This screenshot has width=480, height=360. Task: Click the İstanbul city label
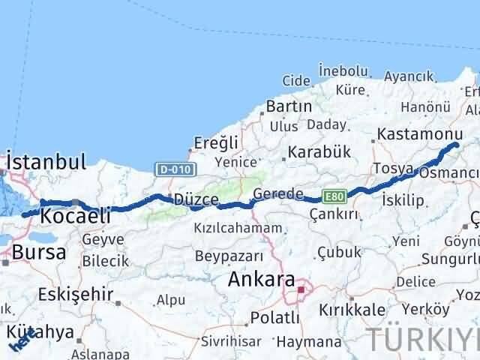[47, 161]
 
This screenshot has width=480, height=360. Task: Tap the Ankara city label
[260, 280]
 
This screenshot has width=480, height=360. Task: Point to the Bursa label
[34, 253]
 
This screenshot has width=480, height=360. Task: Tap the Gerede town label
[278, 193]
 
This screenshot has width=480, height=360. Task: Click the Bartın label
[289, 106]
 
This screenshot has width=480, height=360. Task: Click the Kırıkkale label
[352, 310]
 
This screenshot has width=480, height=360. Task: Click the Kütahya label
[41, 332]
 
